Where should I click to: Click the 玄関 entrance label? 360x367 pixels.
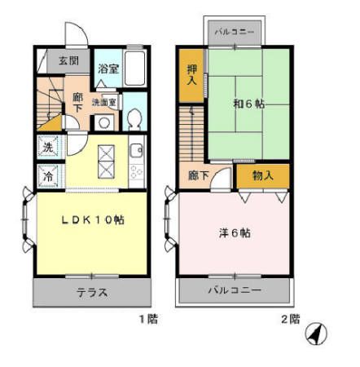[68, 61]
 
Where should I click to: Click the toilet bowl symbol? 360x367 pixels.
[134, 118]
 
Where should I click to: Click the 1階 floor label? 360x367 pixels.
[147, 319]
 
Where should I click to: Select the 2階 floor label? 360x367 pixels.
[289, 319]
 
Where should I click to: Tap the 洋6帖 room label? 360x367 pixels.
[235, 232]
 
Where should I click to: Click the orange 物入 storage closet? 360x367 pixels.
[261, 175]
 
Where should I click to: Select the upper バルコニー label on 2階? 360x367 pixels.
[236, 33]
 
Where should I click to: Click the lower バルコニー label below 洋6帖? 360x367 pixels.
[234, 290]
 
